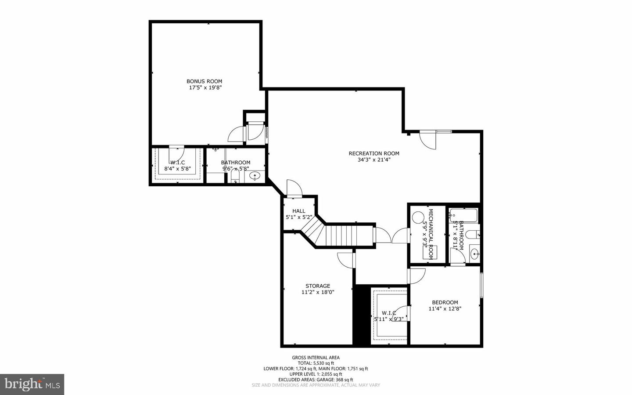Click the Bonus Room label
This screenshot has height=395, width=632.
[204, 81]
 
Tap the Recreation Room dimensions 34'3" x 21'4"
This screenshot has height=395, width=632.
[374, 160]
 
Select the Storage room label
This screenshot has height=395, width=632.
[318, 286]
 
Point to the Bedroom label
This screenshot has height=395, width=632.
[445, 302]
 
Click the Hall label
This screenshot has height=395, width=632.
[298, 211]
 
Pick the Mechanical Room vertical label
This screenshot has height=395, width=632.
[431, 234]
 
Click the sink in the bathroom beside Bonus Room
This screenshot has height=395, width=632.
[255, 176]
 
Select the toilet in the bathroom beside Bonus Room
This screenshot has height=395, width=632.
[234, 178]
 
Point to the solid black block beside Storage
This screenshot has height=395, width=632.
[362, 315]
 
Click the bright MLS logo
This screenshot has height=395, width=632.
[32, 384]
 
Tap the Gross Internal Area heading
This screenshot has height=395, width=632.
[316, 358]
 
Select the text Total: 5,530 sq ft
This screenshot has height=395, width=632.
[316, 363]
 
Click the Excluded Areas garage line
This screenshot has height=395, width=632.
[316, 380]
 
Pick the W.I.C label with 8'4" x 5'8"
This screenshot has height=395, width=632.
[177, 165]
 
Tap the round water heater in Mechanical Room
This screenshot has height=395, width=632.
[418, 217]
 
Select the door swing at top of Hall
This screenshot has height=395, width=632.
[293, 188]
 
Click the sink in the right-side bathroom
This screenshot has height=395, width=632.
[474, 254]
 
